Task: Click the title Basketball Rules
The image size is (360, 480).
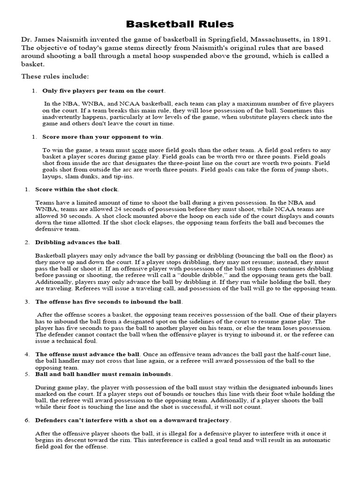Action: pos(180,24)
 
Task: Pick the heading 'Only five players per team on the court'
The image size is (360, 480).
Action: pos(103,90)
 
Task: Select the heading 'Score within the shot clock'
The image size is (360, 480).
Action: pos(77,189)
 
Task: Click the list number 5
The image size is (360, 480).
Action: pos(26,374)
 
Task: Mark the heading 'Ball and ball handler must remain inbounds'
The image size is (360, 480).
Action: pos(104,374)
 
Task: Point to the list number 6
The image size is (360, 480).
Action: pos(26,420)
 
